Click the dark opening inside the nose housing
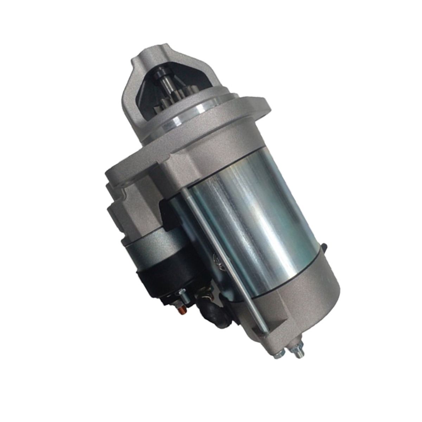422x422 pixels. tap(186, 84)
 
